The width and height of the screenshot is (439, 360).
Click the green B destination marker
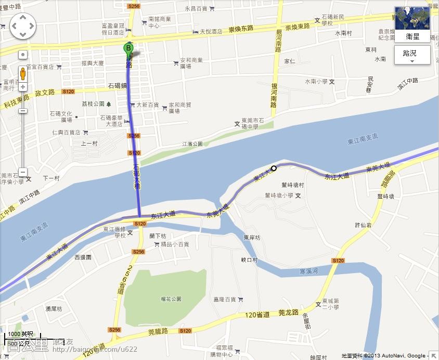click(128, 49)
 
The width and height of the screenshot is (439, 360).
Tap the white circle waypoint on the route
click(274, 168)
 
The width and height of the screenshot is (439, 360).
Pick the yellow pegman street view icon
click(23, 73)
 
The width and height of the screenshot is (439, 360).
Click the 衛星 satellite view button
click(412, 36)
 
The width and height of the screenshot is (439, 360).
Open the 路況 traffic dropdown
click(412, 54)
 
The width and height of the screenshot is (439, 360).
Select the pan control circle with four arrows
click(23, 25)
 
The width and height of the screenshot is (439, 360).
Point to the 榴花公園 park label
click(171, 299)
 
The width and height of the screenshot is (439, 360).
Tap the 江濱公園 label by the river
click(192, 144)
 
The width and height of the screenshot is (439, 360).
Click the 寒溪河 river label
click(309, 272)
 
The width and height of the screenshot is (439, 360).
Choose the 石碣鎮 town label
click(118, 85)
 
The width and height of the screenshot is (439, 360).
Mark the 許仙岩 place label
click(363, 225)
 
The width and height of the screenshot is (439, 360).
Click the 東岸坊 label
click(252, 238)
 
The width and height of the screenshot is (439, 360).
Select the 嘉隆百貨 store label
click(225, 300)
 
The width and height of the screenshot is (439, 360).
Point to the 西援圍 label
click(83, 257)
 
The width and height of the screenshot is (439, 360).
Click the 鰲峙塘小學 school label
click(279, 196)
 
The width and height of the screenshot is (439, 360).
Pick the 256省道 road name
click(121, 281)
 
